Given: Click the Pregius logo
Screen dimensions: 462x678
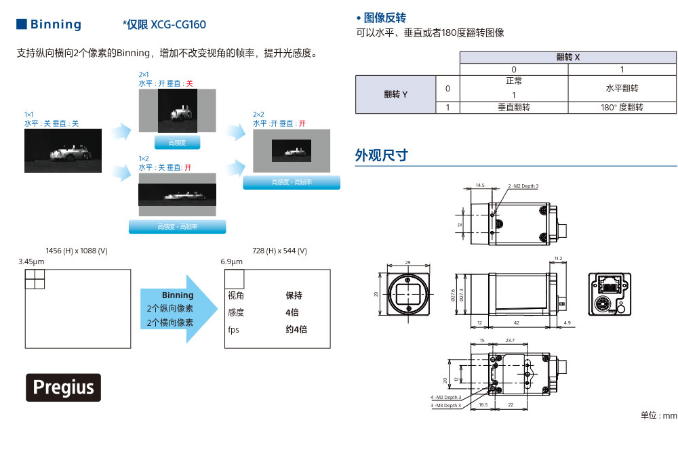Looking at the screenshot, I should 64,387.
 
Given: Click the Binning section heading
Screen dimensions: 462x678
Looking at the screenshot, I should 49,24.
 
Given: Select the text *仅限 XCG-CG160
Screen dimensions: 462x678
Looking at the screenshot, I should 164,25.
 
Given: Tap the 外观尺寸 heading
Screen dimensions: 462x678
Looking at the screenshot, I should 382,155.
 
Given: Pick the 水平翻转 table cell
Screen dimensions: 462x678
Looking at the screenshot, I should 622,88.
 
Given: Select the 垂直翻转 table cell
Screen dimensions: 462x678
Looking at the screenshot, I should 513,107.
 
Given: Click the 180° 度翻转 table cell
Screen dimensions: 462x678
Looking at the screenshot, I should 622,107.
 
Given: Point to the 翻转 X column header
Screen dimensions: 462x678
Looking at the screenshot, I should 567,58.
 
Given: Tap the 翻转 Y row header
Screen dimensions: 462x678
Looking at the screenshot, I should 395,94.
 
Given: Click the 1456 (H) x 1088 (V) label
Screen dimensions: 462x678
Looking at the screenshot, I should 76,251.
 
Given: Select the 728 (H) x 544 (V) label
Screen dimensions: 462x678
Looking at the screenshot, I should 279,251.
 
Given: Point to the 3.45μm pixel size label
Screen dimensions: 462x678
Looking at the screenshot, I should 31,261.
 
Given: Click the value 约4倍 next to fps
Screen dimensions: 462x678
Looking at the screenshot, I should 296,329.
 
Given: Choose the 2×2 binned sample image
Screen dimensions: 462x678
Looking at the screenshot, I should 291,150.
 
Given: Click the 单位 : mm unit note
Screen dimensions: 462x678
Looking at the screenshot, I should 658,415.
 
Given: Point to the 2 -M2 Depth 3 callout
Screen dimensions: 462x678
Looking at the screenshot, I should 523,186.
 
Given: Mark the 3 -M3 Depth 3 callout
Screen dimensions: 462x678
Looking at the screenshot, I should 445,405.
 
